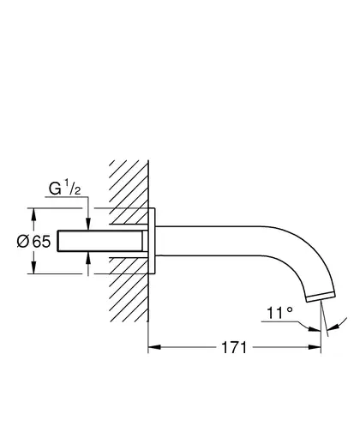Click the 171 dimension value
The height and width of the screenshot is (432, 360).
234,348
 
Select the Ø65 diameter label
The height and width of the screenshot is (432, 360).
33,242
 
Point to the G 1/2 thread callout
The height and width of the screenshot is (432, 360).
64,188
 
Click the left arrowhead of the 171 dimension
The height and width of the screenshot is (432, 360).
154,347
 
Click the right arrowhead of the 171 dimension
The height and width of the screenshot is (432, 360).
315,347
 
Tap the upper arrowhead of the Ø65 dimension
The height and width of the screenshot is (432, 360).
33,214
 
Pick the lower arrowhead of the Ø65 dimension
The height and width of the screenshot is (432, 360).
33,267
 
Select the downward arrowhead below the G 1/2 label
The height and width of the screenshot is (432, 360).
88,224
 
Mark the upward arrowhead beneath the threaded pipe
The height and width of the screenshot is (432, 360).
88,258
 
